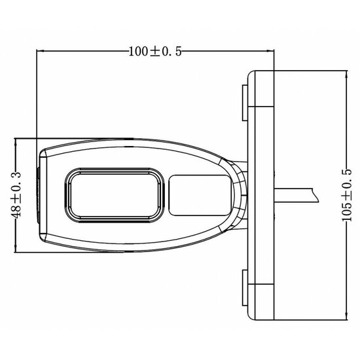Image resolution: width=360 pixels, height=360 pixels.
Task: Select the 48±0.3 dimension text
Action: (16, 195)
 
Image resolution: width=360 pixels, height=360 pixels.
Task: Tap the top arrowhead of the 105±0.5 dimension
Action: (345, 73)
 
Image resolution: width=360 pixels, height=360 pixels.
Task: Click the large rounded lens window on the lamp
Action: (113, 194)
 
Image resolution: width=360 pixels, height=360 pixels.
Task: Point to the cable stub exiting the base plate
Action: (295, 194)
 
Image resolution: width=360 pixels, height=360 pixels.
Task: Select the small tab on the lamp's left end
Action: (37, 194)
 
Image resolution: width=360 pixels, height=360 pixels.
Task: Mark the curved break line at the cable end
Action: (315, 194)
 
